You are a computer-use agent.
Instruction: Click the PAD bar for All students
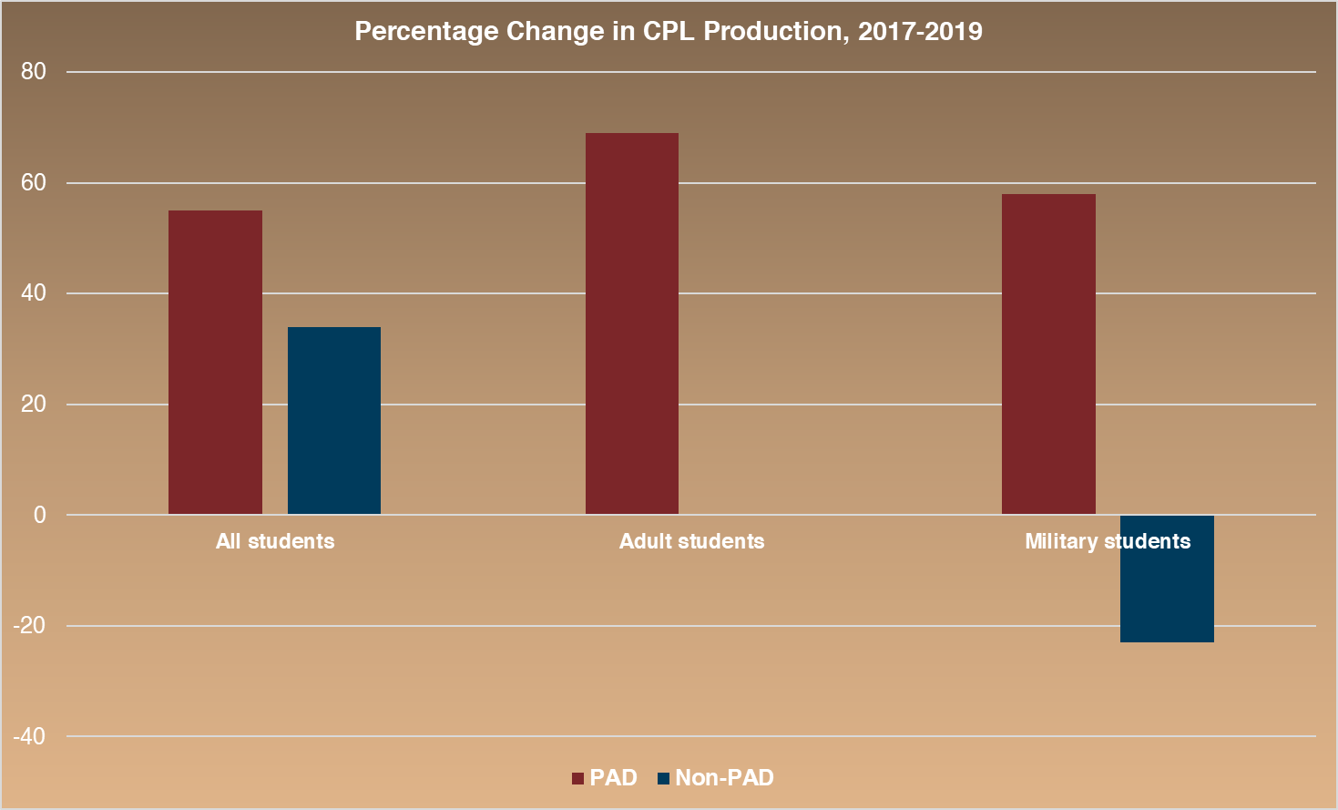[x=215, y=363]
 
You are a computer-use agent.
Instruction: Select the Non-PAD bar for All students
[x=334, y=421]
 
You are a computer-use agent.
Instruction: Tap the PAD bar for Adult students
[x=632, y=323]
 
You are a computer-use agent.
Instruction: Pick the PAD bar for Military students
[x=1048, y=354]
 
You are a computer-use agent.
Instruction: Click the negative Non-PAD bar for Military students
[x=1167, y=592]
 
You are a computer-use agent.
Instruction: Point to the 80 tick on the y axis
[x=34, y=72]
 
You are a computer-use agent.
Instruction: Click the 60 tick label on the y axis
[x=34, y=183]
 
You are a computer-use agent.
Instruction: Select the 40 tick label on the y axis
[x=34, y=293]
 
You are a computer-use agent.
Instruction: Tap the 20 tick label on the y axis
[x=34, y=405]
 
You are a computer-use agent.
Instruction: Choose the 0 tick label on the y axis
[x=39, y=515]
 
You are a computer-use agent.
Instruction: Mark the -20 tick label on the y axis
[x=29, y=626]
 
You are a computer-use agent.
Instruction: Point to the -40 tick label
[x=29, y=736]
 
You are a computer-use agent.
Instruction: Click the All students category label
[x=275, y=541]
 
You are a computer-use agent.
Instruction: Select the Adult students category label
[x=691, y=541]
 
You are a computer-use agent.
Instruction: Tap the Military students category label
[x=1108, y=541]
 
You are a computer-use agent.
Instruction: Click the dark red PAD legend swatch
[x=577, y=779]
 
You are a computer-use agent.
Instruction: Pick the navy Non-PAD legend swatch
[x=663, y=779]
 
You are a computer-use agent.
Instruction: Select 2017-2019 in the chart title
[x=920, y=32]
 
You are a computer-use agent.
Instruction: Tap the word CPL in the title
[x=669, y=32]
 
